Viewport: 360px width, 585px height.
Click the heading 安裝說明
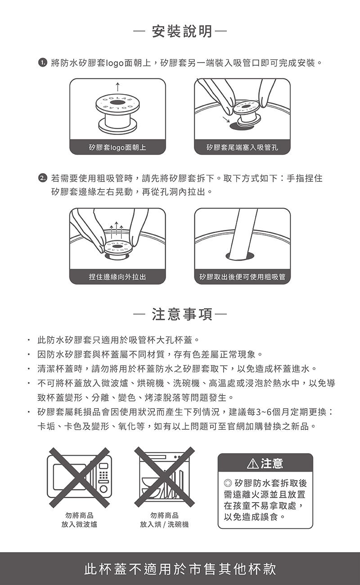coord(182,31)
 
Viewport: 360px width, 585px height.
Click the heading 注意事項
coord(182,314)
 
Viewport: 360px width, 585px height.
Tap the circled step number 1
coord(42,63)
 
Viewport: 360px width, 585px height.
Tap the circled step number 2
coord(42,179)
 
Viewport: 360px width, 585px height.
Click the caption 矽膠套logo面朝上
coord(117,148)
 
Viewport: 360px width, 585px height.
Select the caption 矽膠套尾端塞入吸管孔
coord(242,148)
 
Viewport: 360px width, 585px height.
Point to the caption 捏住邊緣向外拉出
coord(117,277)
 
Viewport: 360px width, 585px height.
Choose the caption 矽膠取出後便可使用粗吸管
coord(242,277)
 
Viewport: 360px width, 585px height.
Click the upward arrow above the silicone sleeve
coord(117,88)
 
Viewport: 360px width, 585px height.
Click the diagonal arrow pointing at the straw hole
coord(226,119)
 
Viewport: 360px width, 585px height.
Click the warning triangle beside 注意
coord(252,463)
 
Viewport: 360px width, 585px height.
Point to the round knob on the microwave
coord(103,489)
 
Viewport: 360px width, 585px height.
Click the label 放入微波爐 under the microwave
coord(79,524)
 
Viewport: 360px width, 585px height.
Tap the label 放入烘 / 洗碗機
coord(164,524)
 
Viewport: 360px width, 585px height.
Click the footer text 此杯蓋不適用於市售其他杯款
coord(180,569)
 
